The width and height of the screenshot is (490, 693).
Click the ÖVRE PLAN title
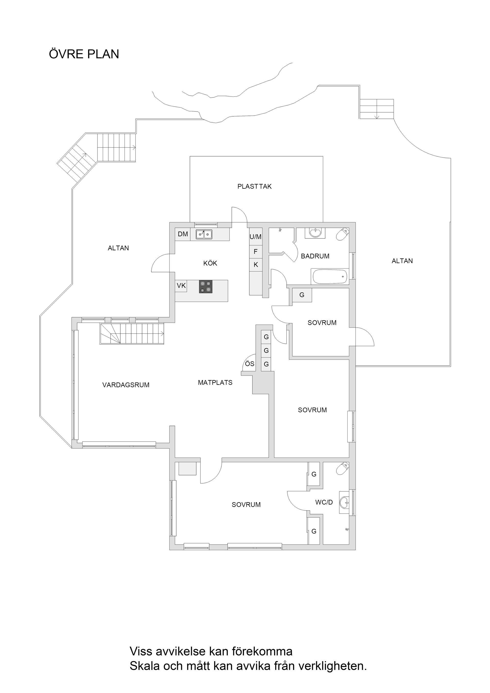pos(84,54)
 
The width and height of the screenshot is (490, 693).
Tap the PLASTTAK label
pos(254,187)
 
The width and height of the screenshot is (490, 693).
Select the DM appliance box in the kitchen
pos(183,234)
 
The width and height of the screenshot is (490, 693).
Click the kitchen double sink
pos(204,234)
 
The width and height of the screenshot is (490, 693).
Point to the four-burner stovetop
pos(206,287)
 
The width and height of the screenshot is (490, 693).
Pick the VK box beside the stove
pos(181,286)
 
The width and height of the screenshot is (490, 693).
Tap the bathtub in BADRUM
pos(330,277)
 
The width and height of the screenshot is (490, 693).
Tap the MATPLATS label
pos(215,383)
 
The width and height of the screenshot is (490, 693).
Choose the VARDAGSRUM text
pos(126,385)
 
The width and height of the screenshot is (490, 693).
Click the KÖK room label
pos(210,263)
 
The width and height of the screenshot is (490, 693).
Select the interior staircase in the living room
pos(132,333)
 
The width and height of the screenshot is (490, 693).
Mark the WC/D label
pos(324,502)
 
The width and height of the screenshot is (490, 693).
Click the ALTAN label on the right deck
pos(402,261)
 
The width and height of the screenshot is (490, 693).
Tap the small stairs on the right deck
pos(376,109)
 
